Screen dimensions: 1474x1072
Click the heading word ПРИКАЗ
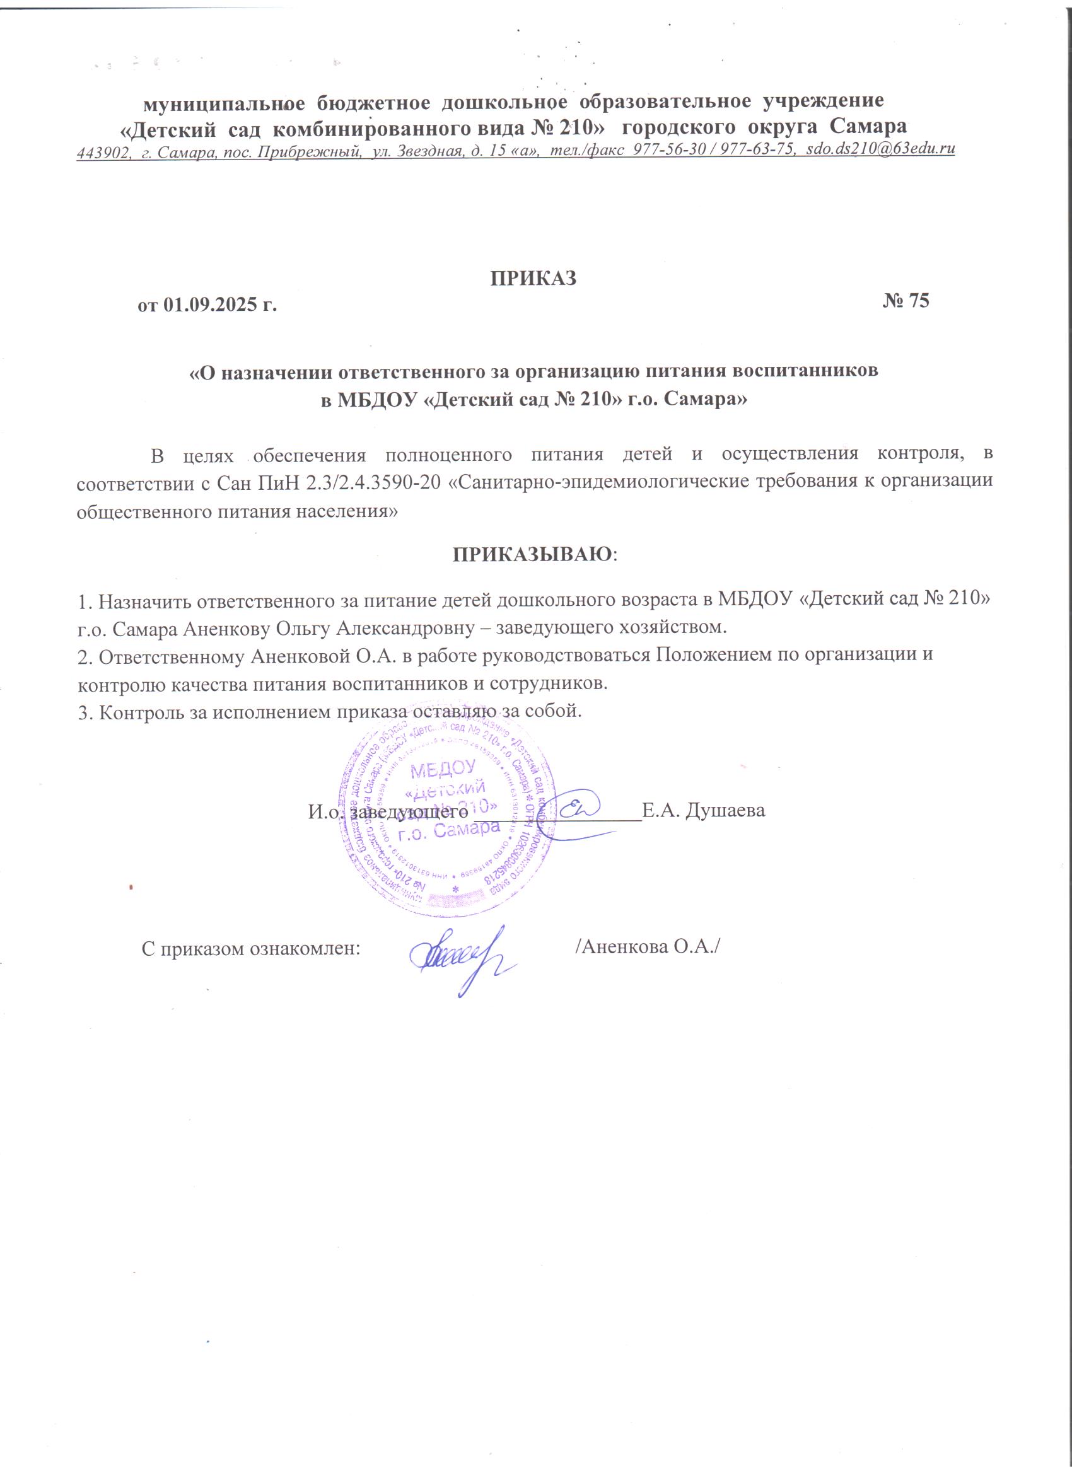533,278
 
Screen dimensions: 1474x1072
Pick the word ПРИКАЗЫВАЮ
532,554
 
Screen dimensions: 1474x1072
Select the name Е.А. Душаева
702,811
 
